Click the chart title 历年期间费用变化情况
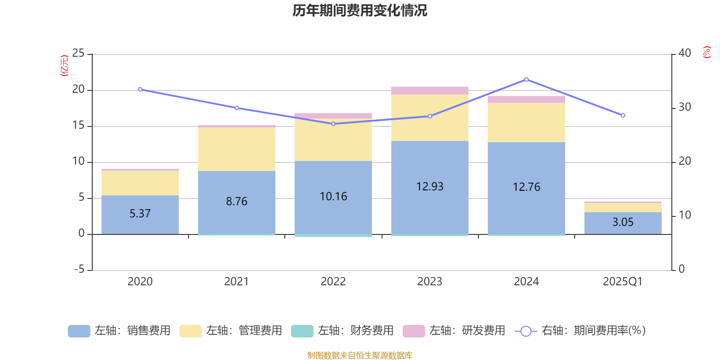360,10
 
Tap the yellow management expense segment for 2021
237,149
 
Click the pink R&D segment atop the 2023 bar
430,90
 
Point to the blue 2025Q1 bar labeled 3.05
623,222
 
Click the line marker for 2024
526,80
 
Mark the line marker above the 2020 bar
140,90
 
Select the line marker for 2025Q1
623,116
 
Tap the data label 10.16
333,197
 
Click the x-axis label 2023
430,282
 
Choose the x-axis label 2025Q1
623,282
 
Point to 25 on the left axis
78,54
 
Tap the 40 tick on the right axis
684,54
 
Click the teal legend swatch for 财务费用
302,331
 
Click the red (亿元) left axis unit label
65,66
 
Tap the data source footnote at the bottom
360,355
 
